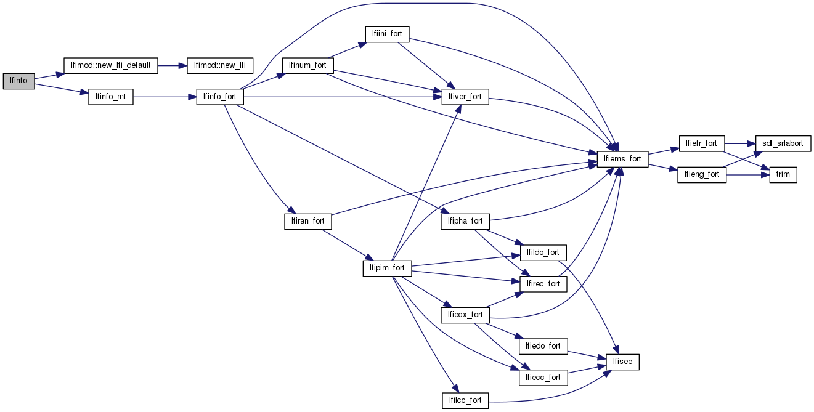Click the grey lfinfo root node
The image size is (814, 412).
pyautogui.click(x=18, y=81)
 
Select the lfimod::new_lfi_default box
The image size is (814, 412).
pyautogui.click(x=112, y=65)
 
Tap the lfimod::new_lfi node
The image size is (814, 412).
pyautogui.click(x=220, y=65)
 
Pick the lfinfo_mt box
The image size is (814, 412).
pyautogui.click(x=111, y=97)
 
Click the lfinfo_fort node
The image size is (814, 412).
pyautogui.click(x=220, y=97)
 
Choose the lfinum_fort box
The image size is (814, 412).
pyautogui.click(x=307, y=65)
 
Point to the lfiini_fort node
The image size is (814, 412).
pyautogui.click(x=387, y=34)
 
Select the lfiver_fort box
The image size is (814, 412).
pyautogui.click(x=465, y=97)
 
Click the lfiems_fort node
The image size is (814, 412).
pyautogui.click(x=622, y=159)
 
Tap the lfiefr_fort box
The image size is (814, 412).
pyautogui.click(x=702, y=143)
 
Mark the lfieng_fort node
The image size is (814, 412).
pyautogui.click(x=702, y=174)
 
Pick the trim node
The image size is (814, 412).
pyautogui.click(x=783, y=174)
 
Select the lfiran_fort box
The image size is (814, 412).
pyautogui.click(x=307, y=221)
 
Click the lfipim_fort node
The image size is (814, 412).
pyautogui.click(x=387, y=268)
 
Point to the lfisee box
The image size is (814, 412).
pyautogui.click(x=622, y=362)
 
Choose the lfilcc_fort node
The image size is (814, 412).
pyautogui.click(x=465, y=400)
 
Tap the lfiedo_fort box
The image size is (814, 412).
pyautogui.click(x=543, y=346)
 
